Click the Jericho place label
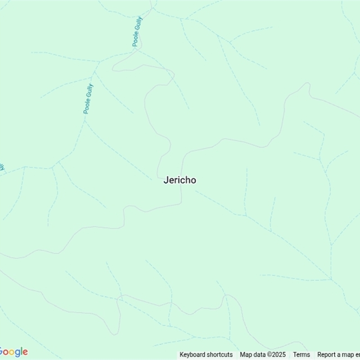tap(180, 180)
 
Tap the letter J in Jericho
tap(166, 180)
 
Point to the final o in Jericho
tap(193, 180)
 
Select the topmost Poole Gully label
tap(137, 31)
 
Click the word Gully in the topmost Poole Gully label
tap(139, 22)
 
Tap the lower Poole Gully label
tap(88, 99)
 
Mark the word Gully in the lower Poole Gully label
tap(90, 90)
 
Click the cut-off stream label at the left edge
tap(2, 167)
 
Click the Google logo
tap(13, 352)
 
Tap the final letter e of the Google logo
tap(25, 352)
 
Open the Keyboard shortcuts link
tap(206, 355)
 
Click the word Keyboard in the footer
tap(193, 355)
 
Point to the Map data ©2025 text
tap(262, 355)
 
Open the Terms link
tap(301, 355)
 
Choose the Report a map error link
tap(338, 355)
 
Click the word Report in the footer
tap(327, 355)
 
